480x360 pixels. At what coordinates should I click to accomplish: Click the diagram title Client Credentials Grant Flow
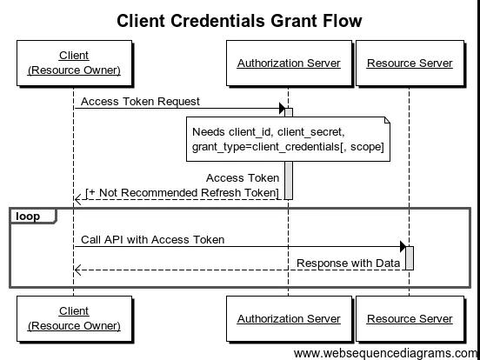[239, 21]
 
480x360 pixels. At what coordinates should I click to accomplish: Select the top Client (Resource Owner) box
[75, 63]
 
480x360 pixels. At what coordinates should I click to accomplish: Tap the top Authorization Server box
[289, 63]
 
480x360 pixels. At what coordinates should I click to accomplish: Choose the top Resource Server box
[410, 63]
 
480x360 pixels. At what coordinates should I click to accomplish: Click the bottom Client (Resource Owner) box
[75, 318]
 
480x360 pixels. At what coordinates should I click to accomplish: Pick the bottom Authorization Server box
[289, 318]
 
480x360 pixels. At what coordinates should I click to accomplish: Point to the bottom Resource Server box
[410, 318]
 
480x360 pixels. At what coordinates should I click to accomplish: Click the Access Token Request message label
[140, 102]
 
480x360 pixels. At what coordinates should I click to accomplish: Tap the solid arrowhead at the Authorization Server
[282, 108]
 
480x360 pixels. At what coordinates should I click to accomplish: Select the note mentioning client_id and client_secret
[288, 139]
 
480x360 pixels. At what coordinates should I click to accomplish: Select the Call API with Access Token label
[153, 239]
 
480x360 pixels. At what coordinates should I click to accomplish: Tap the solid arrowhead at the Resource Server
[403, 246]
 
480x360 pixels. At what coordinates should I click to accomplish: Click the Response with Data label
[349, 263]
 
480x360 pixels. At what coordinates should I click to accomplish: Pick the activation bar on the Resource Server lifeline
[410, 258]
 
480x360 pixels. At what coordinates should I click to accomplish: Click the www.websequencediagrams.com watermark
[385, 353]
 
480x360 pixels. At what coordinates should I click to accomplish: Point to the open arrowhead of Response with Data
[77, 270]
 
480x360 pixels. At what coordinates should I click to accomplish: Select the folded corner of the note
[387, 120]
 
